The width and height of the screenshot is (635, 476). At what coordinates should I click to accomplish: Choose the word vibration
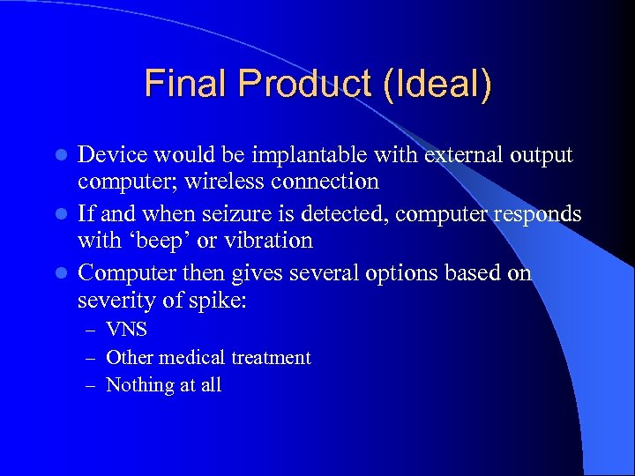(269, 240)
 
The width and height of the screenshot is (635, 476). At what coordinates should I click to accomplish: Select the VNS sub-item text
(126, 331)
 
